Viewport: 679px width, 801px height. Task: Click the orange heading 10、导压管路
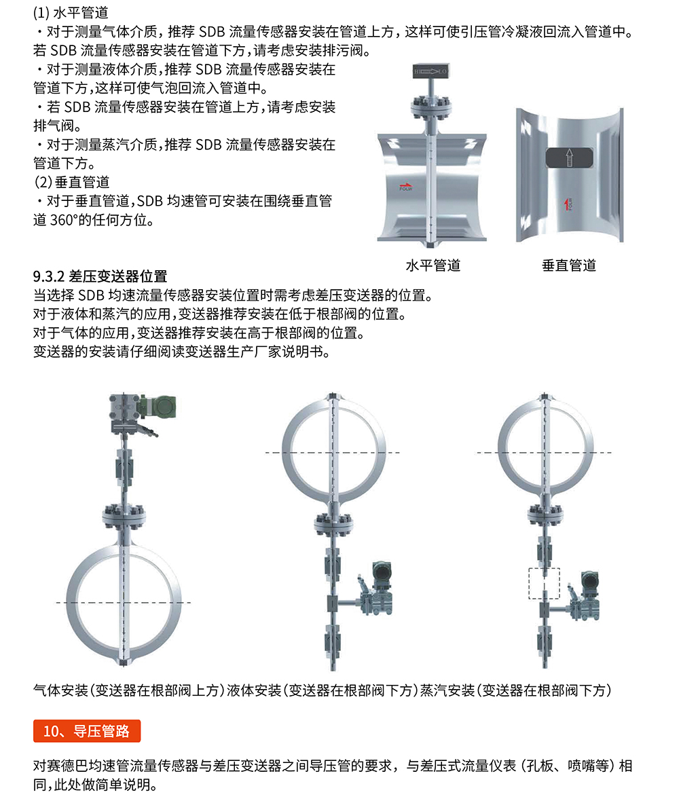coord(87,731)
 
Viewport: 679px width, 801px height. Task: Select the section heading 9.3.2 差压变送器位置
coord(100,277)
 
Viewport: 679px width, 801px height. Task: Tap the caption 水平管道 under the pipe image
coord(433,265)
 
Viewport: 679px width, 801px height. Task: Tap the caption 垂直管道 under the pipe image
coord(569,265)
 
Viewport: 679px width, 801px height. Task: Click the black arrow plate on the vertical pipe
coord(568,158)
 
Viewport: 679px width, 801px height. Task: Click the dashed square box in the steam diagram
coord(545,583)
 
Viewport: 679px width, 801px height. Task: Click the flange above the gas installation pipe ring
coord(123,516)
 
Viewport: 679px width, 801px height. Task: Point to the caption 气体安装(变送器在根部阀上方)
coord(129,690)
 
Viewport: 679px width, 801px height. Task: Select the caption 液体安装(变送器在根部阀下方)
coord(321,690)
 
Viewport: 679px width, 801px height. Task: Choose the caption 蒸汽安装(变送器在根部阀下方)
coord(516,690)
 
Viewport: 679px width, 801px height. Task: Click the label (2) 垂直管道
coord(71,183)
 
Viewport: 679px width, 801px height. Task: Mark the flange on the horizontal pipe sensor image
coord(432,109)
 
